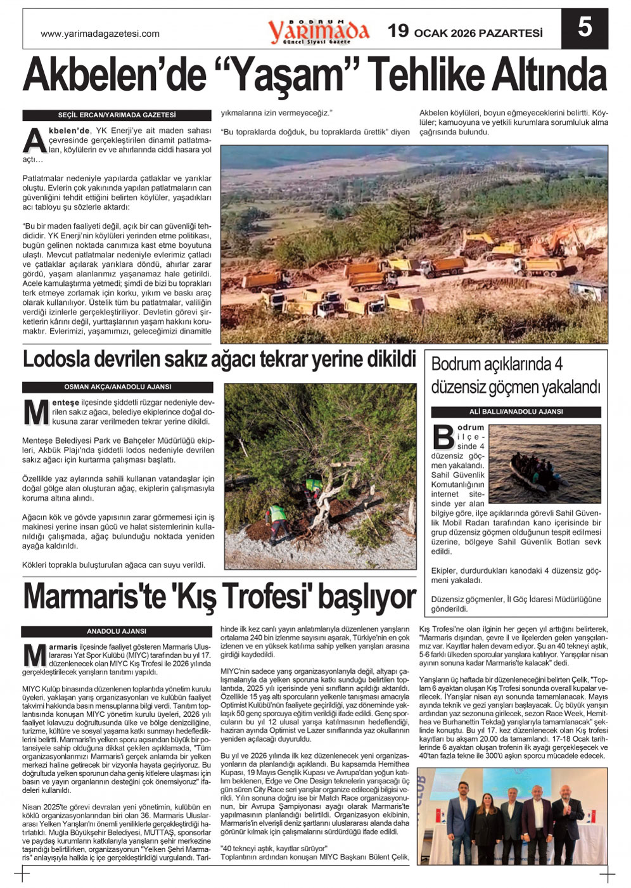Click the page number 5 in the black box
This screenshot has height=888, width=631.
tap(585, 29)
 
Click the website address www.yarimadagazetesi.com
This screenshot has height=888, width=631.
tap(99, 34)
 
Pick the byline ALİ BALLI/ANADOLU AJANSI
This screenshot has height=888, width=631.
tap(516, 411)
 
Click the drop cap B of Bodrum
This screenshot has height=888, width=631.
tap(443, 437)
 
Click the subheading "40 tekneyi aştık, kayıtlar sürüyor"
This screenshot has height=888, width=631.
tap(274, 848)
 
